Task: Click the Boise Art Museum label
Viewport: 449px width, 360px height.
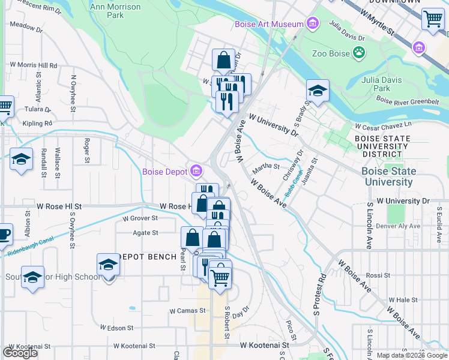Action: point(269,24)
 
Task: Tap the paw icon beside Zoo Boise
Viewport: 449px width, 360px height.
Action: point(359,53)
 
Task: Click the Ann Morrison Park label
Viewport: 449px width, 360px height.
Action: point(115,11)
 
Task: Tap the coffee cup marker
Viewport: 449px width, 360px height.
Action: point(3,234)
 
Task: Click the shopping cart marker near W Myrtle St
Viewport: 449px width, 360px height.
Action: point(432,18)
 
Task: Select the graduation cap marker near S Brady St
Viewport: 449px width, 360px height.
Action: point(318,91)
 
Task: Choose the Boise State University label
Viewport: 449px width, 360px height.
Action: point(389,176)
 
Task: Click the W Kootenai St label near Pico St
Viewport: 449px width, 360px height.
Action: point(264,345)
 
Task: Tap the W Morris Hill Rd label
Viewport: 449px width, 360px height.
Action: point(33,65)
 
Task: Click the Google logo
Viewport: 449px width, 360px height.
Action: point(20,353)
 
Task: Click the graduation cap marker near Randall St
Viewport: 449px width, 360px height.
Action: point(21,159)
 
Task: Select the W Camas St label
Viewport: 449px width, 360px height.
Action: point(187,311)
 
